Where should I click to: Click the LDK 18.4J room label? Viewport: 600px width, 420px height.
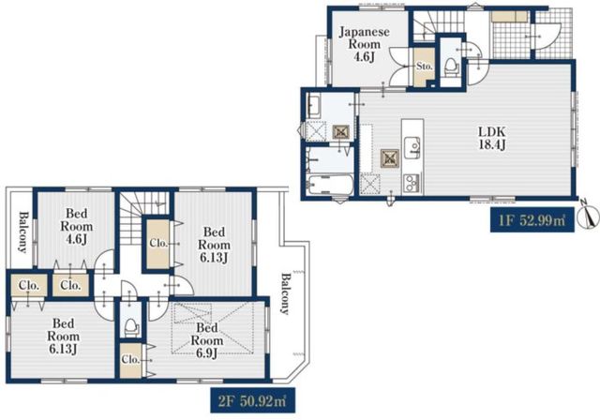[x=492, y=138]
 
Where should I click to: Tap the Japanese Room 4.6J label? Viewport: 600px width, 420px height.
[x=365, y=44]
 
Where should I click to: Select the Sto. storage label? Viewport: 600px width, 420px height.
[x=424, y=67]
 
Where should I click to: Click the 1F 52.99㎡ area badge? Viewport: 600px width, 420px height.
[x=532, y=220]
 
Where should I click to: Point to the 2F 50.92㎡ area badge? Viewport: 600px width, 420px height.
[x=252, y=400]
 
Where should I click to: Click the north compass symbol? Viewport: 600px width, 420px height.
[x=588, y=217]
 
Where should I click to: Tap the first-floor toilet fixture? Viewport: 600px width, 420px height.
[x=452, y=66]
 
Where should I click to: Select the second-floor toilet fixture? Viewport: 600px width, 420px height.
[x=131, y=326]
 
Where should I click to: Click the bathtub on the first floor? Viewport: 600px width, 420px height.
[x=331, y=186]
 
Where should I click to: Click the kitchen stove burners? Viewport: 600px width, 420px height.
[x=412, y=183]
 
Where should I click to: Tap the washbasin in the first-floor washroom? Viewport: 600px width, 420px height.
[x=315, y=106]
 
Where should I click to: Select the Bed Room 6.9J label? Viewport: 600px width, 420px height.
[x=207, y=340]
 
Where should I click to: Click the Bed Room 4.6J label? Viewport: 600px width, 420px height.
[x=77, y=226]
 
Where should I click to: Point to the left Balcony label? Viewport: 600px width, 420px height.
[x=22, y=232]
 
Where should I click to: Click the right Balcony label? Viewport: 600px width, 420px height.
[x=285, y=293]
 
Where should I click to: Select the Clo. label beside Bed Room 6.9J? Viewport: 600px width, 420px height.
[x=130, y=360]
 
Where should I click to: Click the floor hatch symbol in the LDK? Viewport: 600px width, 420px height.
[x=390, y=158]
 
